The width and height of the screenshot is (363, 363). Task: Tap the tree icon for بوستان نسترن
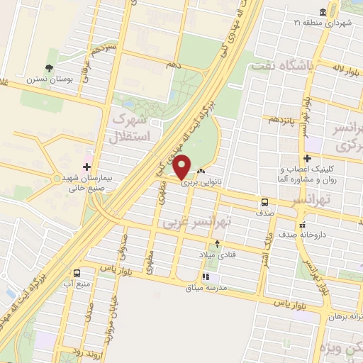coord(49,68)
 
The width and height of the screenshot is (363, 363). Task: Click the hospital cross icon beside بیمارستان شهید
coord(86,167)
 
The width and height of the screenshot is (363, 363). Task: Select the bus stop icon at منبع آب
coord(77,272)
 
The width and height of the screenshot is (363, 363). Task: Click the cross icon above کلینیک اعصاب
coord(306,158)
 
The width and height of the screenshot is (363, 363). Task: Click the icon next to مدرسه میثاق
coord(206,277)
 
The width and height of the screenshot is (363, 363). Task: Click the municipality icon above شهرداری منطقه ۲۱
coord(323,12)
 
